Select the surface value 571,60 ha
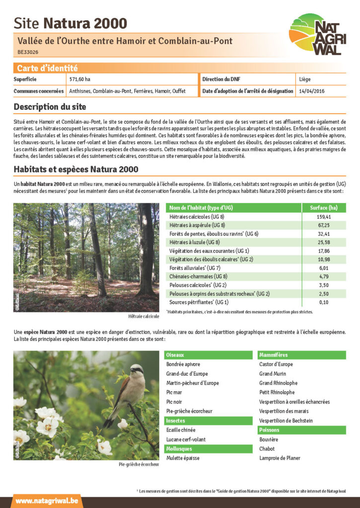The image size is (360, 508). click(80, 79)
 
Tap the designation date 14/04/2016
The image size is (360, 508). click(312, 91)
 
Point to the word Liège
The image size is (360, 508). click(305, 79)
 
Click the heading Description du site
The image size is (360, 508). click(50, 107)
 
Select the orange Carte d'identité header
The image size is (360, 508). click(47, 68)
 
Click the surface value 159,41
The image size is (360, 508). click(323, 217)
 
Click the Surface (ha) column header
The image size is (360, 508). click(323, 208)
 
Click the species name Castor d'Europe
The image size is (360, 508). click(276, 364)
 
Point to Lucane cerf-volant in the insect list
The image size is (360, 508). click(186, 440)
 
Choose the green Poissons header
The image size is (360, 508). click(269, 430)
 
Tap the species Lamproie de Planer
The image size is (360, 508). click(280, 458)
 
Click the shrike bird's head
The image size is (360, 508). click(136, 370)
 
